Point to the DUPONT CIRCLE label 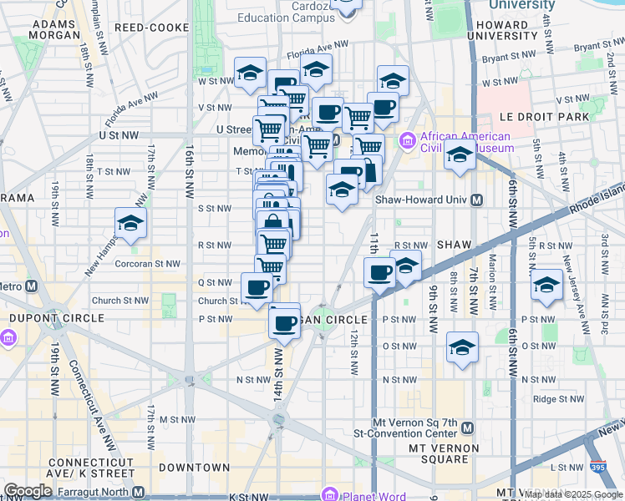pyautogui.click(x=57, y=318)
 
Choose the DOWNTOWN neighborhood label pyautogui.click(x=195, y=468)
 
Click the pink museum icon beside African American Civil pyautogui.click(x=408, y=140)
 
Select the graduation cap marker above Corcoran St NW pyautogui.click(x=130, y=224)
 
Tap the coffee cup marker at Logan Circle pyautogui.click(x=284, y=321)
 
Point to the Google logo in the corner pyautogui.click(x=28, y=491)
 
